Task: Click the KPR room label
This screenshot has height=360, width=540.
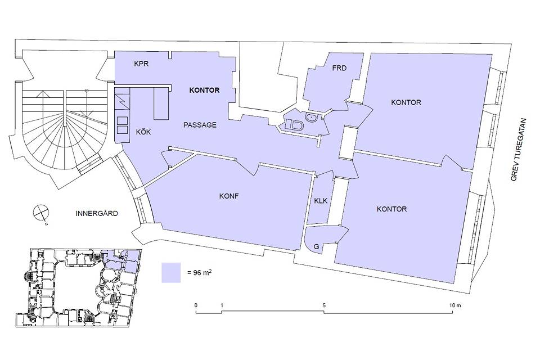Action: (141, 64)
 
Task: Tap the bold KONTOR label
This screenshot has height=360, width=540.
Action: (204, 90)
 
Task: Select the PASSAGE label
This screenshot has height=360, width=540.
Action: (200, 125)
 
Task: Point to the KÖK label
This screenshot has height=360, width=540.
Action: (143, 132)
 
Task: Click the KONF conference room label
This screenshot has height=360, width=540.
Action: (229, 196)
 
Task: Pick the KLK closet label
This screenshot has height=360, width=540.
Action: (321, 200)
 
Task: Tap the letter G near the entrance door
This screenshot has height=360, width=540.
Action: (317, 247)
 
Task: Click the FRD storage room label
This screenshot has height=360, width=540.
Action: (339, 68)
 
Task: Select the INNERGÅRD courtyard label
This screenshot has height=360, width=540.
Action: (96, 213)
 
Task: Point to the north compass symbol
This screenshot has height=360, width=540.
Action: (41, 213)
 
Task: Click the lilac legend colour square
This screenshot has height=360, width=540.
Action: (171, 273)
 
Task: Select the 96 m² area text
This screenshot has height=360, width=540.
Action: (200, 272)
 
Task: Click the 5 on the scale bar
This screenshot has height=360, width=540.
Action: (324, 305)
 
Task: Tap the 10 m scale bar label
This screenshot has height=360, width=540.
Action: (454, 305)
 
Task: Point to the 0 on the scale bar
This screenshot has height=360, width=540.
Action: (196, 305)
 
